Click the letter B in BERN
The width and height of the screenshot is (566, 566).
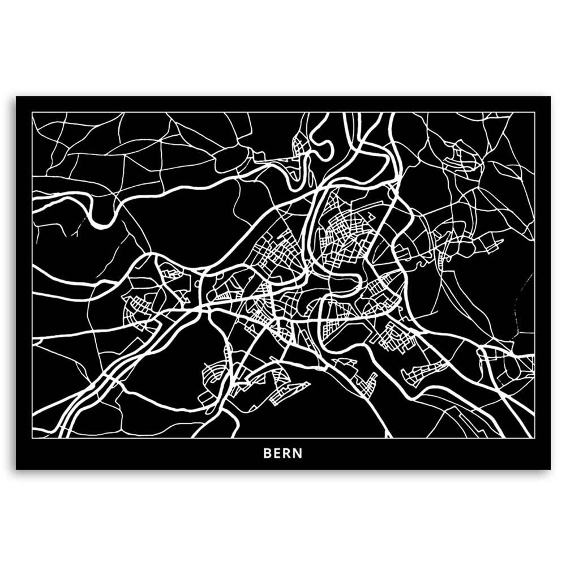[267, 453]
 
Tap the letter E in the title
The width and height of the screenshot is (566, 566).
[277, 453]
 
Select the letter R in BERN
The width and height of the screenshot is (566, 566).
[288, 453]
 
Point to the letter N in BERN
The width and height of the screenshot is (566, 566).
[298, 453]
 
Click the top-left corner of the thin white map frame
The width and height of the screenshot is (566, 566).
[33, 113]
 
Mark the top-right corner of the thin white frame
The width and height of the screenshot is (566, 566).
[534, 113]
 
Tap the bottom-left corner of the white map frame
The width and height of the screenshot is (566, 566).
[33, 438]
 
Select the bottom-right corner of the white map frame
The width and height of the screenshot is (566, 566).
[534, 438]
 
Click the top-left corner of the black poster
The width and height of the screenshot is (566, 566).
[16, 97]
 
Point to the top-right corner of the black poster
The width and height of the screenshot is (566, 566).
[550, 97]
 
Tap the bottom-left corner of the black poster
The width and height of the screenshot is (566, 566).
[16, 469]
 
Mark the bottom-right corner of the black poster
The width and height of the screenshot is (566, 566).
[550, 469]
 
